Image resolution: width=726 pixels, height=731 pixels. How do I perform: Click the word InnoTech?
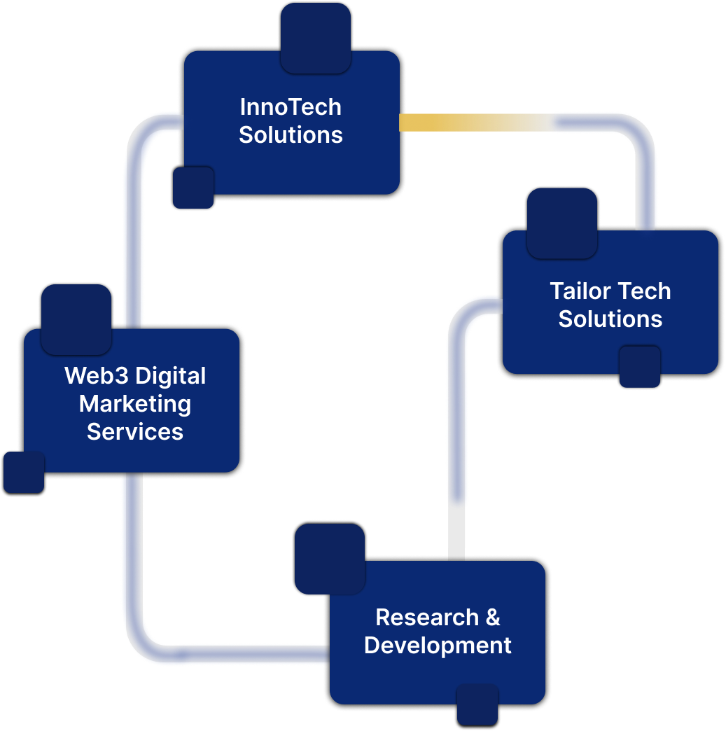(x=291, y=107)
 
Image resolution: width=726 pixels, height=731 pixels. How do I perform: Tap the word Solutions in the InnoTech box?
(x=291, y=134)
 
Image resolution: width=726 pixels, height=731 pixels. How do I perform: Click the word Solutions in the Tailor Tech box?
(x=610, y=319)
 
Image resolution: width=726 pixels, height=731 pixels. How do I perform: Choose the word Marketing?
(x=135, y=404)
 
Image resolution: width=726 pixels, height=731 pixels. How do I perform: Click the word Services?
(x=135, y=431)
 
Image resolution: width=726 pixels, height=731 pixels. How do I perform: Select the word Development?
(x=438, y=645)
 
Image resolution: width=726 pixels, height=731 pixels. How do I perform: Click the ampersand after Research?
(x=493, y=618)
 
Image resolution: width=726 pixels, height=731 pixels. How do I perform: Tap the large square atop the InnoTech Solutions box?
(x=316, y=38)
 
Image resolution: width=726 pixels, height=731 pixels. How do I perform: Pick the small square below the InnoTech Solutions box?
(x=193, y=188)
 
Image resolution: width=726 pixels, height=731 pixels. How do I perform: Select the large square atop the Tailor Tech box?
(x=562, y=223)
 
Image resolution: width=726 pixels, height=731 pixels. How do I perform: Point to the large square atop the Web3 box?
(x=76, y=319)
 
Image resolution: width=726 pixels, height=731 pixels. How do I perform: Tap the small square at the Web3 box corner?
(x=24, y=473)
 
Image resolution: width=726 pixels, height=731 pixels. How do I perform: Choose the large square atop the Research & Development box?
(x=330, y=559)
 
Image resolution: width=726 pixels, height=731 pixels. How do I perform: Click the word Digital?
(x=171, y=376)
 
